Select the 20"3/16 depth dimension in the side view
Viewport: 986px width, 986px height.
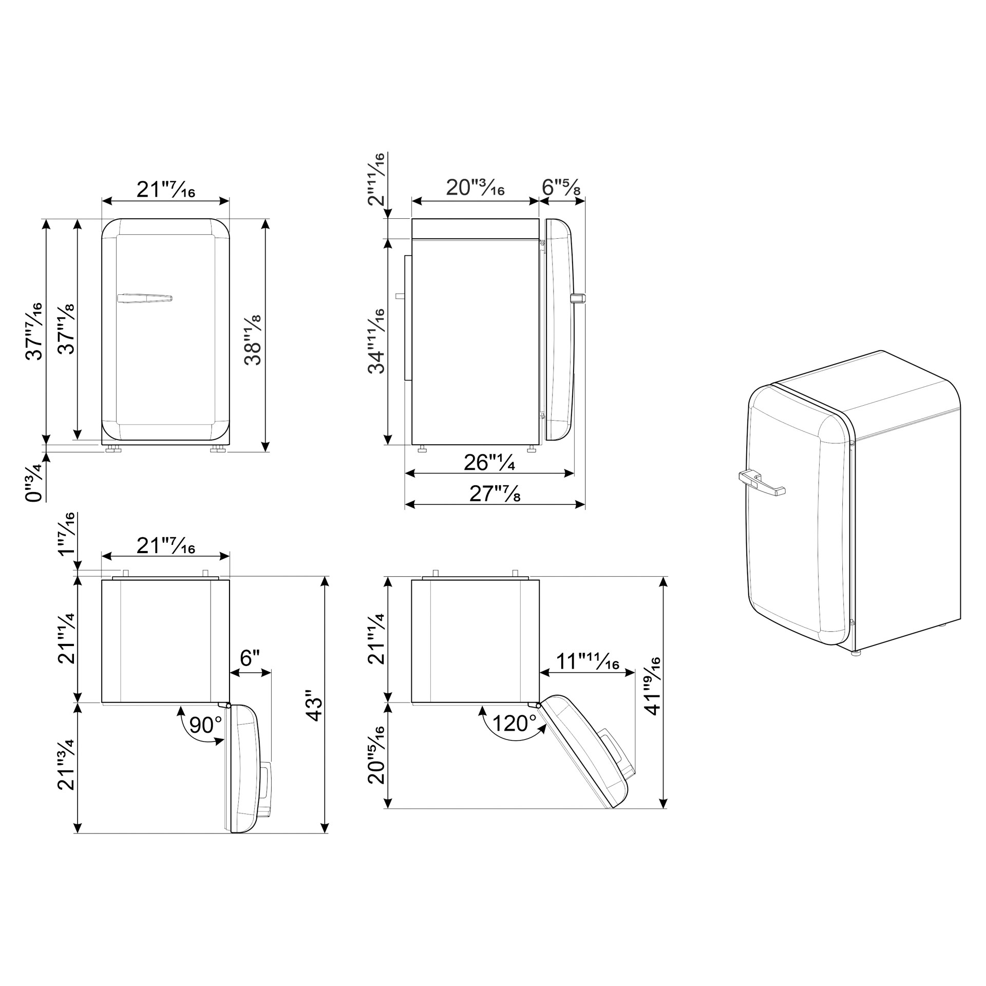point(475,188)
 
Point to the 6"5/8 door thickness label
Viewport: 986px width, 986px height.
point(561,188)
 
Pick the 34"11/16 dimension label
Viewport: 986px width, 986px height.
point(376,341)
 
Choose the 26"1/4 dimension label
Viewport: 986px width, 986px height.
point(489,463)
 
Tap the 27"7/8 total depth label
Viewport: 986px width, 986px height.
point(495,494)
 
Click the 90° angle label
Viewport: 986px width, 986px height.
point(205,725)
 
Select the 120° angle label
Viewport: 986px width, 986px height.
point(514,724)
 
